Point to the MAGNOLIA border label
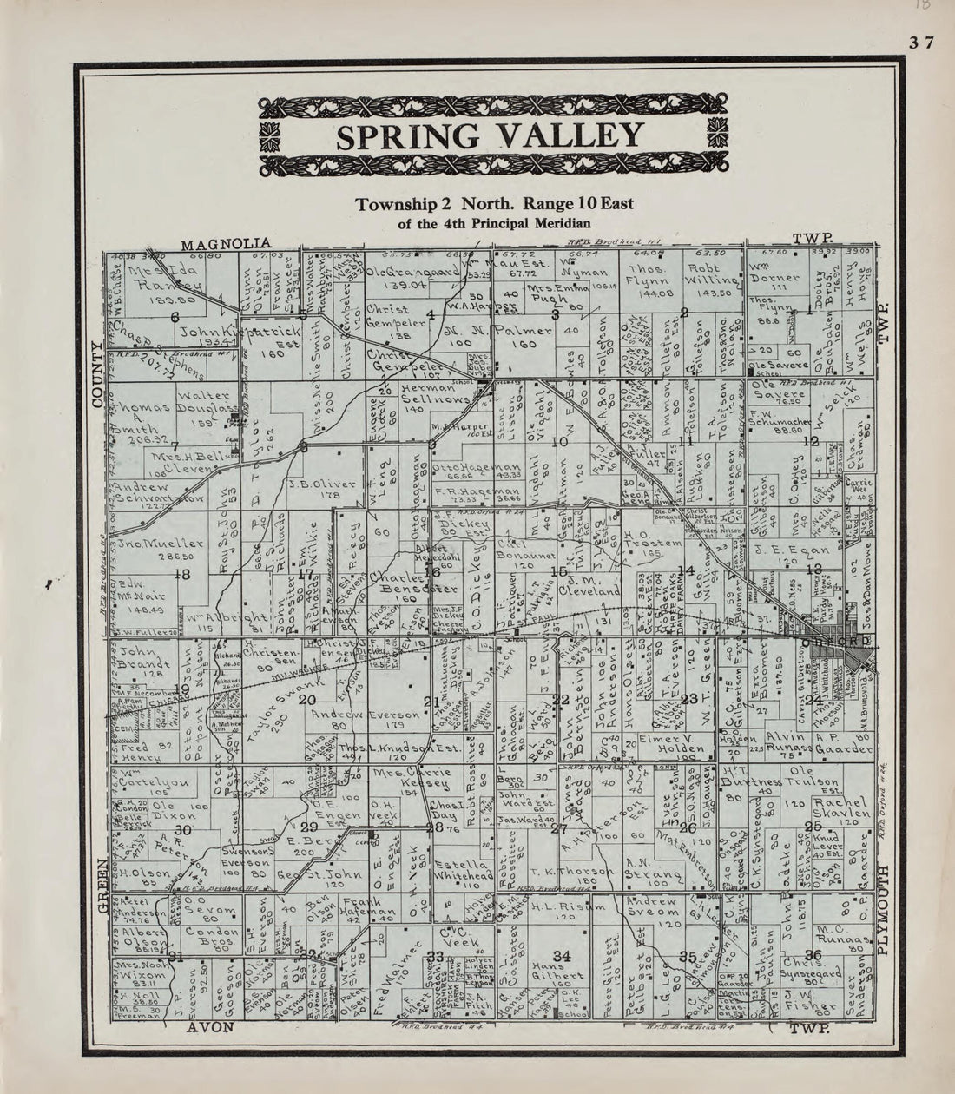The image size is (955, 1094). click(x=226, y=243)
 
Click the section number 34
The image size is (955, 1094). click(x=562, y=956)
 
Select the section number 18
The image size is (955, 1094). click(x=181, y=574)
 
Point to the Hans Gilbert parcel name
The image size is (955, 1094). click(x=563, y=978)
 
